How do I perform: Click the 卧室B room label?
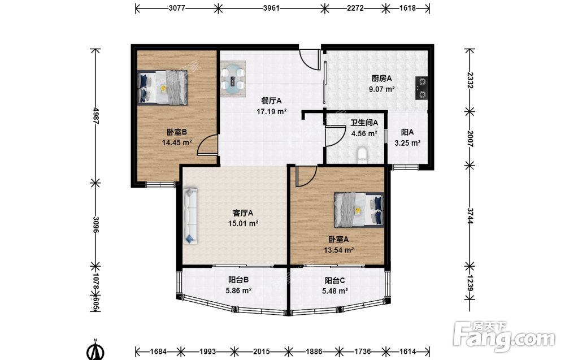point(176,132)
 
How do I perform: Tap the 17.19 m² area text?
point(271,112)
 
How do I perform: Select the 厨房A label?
point(381,78)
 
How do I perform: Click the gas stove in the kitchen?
point(422,88)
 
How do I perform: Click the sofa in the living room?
point(190,216)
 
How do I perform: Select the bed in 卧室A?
point(359,210)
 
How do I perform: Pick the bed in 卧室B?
point(163,87)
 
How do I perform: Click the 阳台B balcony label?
point(238,280)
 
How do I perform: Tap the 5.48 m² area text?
point(334,291)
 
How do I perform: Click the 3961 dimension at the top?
point(271,7)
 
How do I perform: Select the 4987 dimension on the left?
point(96,115)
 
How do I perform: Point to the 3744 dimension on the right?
point(470,215)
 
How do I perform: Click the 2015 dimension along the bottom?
point(261,351)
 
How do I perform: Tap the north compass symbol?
point(95,350)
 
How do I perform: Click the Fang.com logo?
point(504,337)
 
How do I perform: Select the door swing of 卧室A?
point(306,176)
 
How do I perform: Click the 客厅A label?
point(243,213)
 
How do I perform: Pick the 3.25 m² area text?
point(407,143)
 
